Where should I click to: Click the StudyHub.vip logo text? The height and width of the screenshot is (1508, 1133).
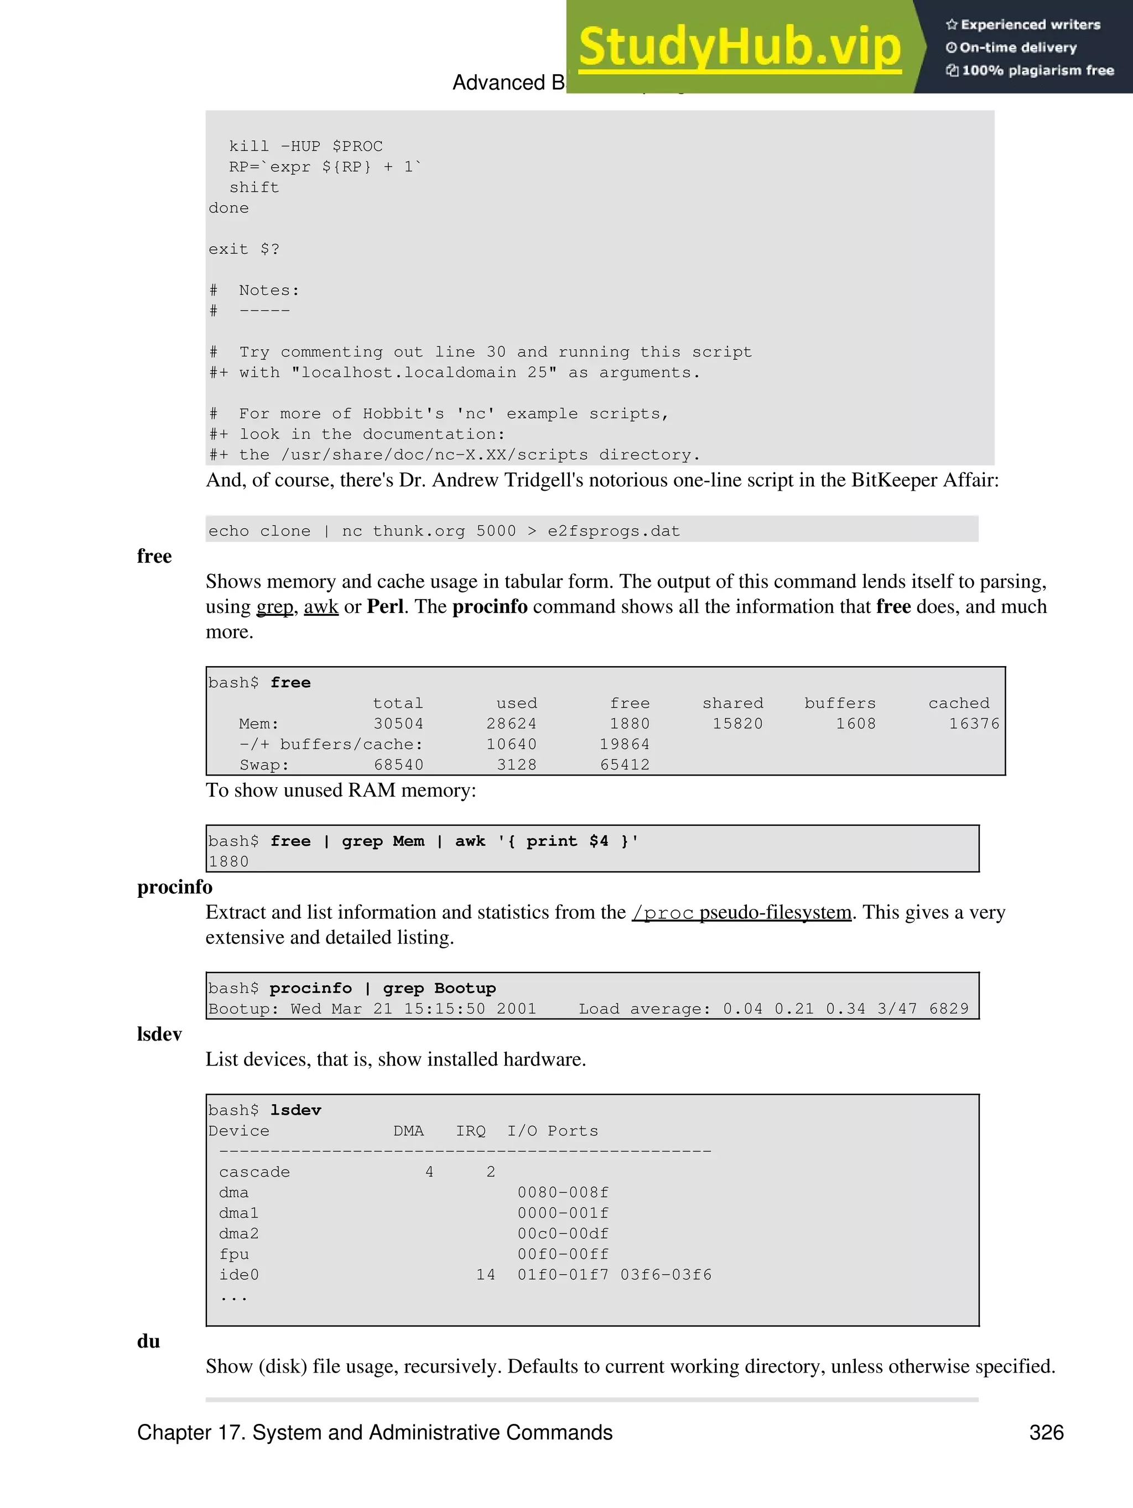(740, 46)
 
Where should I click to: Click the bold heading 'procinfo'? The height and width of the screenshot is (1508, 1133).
(174, 887)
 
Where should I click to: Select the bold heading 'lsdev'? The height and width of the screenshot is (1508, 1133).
(159, 1034)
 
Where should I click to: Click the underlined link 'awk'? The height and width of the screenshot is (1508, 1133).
(320, 607)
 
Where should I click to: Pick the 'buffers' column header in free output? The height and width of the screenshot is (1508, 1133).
(839, 703)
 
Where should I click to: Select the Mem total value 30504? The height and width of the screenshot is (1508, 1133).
(398, 724)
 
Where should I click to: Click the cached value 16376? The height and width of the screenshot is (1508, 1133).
(974, 724)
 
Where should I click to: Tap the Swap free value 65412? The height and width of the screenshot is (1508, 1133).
(625, 765)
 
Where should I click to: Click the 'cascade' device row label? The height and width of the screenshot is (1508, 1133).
(254, 1172)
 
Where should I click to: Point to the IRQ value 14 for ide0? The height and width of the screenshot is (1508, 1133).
(485, 1275)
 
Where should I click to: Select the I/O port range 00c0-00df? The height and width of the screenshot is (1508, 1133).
(563, 1233)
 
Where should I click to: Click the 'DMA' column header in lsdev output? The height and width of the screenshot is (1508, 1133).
(408, 1131)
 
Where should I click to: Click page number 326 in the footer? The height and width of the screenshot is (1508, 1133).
(1046, 1432)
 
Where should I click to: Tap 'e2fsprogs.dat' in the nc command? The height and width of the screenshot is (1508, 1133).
(614, 531)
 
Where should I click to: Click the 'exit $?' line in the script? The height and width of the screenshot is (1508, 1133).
(244, 249)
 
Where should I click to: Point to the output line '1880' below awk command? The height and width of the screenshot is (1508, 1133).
(229, 862)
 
